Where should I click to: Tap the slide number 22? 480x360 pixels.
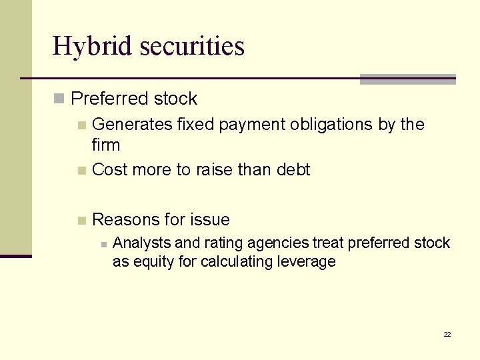pyautogui.click(x=447, y=334)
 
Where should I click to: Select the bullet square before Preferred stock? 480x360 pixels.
pyautogui.click(x=59, y=99)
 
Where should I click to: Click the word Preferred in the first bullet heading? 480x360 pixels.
pyautogui.click(x=108, y=99)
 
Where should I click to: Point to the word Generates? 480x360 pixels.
pyautogui.click(x=132, y=125)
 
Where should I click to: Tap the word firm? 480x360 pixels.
pyautogui.click(x=106, y=145)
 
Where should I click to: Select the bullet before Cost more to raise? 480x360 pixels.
pyautogui.click(x=82, y=171)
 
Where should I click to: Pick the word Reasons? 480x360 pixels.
pyautogui.click(x=126, y=220)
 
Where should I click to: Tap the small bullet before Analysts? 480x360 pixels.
pyautogui.click(x=103, y=244)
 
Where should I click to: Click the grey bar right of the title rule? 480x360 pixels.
pyautogui.click(x=407, y=79)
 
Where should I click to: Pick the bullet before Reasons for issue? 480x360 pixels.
pyautogui.click(x=82, y=221)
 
